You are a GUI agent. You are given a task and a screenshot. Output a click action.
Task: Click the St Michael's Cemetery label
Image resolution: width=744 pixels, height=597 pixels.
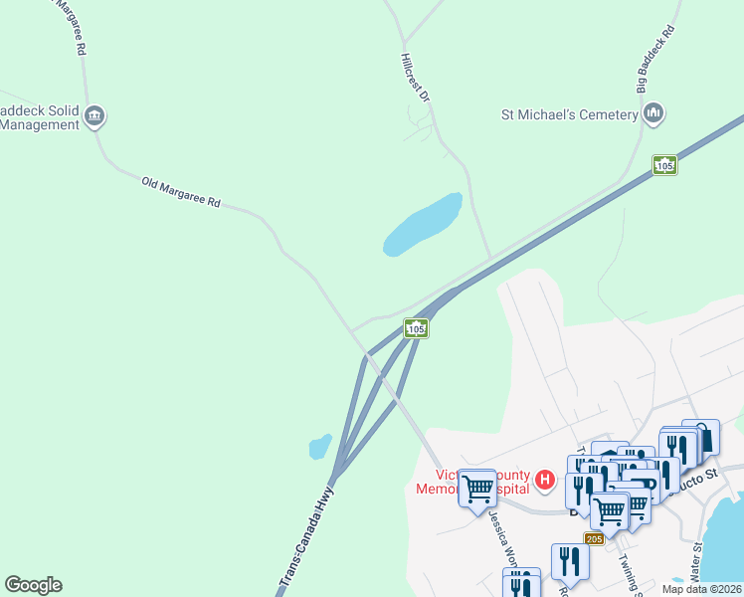(568, 114)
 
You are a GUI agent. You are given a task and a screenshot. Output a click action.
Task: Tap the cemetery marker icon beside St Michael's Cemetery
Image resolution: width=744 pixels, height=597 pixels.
(653, 113)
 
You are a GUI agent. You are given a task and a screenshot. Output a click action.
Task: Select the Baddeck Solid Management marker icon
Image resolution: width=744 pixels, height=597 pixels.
(94, 115)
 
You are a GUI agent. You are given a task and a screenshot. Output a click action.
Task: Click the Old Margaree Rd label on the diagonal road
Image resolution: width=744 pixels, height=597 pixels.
(180, 192)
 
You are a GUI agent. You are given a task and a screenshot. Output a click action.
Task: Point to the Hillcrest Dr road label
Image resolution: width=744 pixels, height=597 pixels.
(416, 79)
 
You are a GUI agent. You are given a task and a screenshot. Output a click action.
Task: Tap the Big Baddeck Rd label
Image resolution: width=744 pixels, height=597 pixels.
(655, 59)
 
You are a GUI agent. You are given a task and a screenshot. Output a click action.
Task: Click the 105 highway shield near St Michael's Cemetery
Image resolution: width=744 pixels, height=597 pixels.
(664, 165)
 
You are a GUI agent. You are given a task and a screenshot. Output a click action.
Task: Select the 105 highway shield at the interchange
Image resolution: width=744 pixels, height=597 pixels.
(416, 328)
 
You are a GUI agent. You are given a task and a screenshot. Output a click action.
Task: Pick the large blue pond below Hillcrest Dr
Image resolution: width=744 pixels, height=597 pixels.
(424, 224)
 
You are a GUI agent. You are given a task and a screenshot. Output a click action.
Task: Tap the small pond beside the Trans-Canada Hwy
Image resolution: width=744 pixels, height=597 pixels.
(320, 446)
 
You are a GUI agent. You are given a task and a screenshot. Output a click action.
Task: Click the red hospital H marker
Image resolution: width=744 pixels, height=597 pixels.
(544, 481)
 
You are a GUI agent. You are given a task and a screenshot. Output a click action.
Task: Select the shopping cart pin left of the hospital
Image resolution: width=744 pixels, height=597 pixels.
(478, 489)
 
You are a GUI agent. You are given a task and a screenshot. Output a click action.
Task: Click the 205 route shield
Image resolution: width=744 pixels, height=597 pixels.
(594, 538)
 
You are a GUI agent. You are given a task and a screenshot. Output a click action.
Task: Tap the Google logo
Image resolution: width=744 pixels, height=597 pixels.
(33, 585)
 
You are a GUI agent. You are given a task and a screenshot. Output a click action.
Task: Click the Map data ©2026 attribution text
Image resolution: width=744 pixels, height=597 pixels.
(701, 589)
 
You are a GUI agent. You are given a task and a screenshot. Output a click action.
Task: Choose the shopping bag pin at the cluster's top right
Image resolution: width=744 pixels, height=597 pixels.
(701, 437)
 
